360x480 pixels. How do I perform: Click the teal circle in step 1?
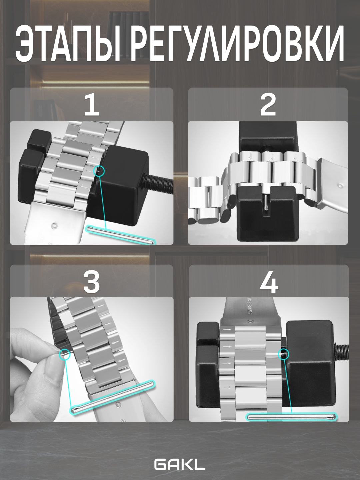[x=99, y=171]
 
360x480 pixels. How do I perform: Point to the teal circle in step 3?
[x=65, y=354]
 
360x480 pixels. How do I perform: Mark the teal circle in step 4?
[x=283, y=354]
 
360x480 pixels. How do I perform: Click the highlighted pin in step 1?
[x=122, y=234]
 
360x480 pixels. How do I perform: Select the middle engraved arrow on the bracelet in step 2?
[x=271, y=156]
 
